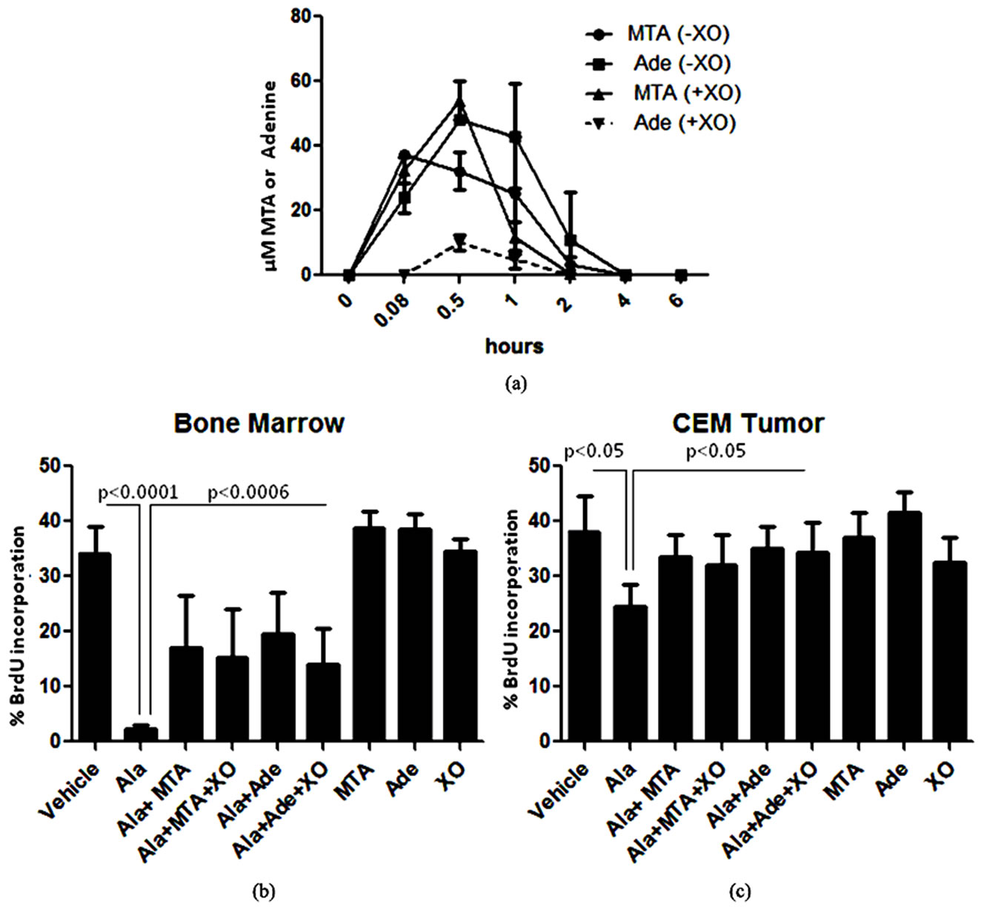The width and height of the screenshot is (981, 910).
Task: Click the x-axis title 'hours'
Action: click(x=514, y=345)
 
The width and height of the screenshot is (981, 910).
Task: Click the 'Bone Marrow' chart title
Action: click(x=259, y=423)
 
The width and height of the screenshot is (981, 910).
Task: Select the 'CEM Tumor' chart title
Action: click(x=748, y=423)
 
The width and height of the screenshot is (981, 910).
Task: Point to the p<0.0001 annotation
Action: click(x=139, y=493)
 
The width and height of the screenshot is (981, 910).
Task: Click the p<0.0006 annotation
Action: click(x=248, y=493)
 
